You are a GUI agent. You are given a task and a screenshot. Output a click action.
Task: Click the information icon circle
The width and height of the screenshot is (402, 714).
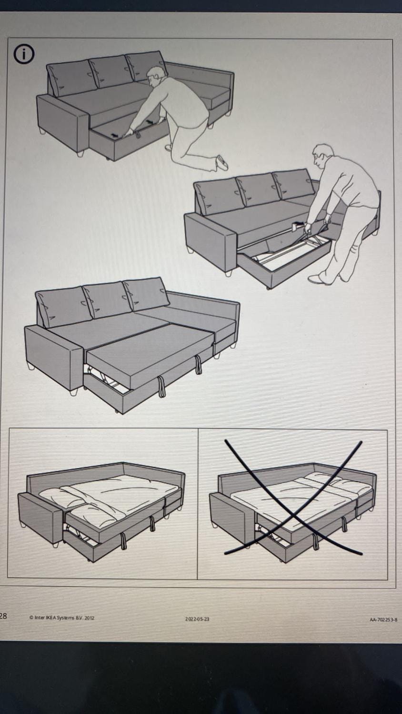[x=23, y=55]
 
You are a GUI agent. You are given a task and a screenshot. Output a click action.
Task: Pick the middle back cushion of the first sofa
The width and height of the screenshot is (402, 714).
[x=110, y=72]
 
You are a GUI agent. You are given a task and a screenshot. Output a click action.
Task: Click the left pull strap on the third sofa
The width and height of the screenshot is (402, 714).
[x=161, y=387]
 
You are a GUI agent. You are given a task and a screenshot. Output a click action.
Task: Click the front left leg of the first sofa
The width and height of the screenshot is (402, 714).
[x=80, y=154]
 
